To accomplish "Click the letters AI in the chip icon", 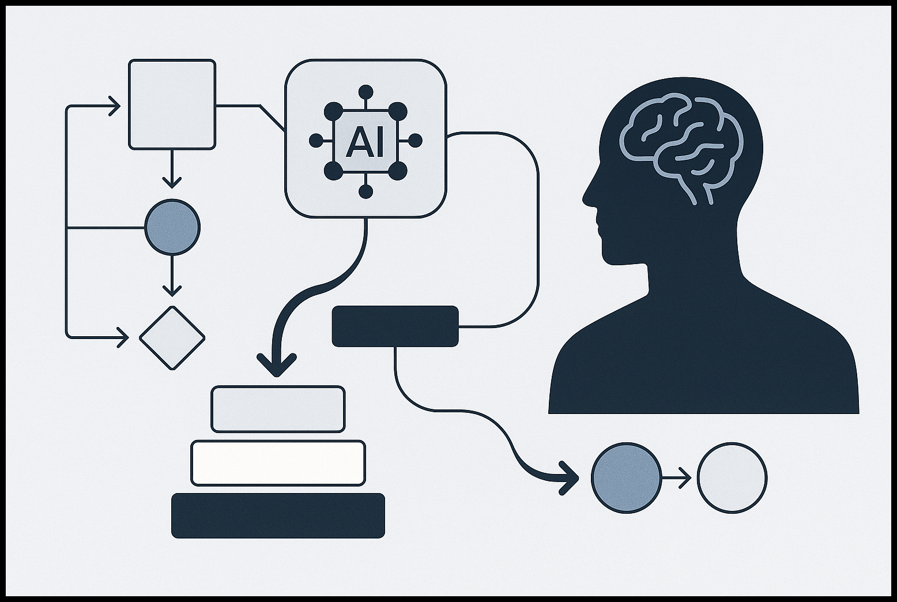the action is (365, 142).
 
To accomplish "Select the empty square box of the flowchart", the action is (172, 104).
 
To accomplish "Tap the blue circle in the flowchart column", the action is (172, 227).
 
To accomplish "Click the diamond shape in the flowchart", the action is (172, 338).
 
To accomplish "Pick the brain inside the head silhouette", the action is (681, 144).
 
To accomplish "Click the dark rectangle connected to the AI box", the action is (395, 326).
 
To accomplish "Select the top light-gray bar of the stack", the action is (278, 409).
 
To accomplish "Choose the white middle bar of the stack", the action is (278, 463).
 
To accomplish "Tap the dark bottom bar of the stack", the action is (278, 516).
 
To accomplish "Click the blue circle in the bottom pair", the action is (626, 477).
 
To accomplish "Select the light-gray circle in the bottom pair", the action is (732, 477).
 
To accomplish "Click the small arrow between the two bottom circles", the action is (676, 477).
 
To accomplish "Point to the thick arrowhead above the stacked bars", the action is (276, 365).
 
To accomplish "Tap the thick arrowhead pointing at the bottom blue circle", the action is (568, 478).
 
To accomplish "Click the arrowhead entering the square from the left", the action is (115, 106).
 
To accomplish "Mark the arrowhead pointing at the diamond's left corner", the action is (123, 338).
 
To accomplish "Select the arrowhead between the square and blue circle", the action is (172, 183).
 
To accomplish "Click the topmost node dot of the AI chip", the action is (365, 92).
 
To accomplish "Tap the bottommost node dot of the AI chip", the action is (365, 192).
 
